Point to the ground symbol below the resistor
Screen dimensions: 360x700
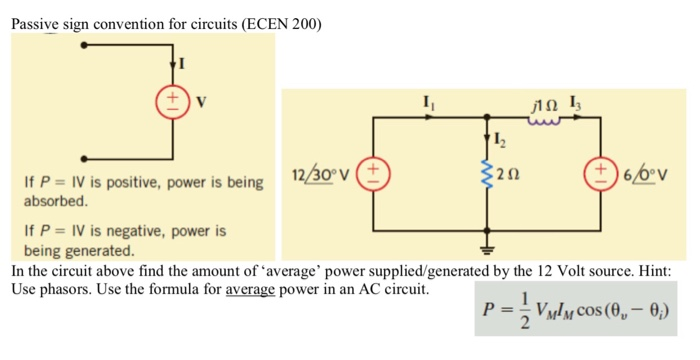[x=488, y=253]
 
